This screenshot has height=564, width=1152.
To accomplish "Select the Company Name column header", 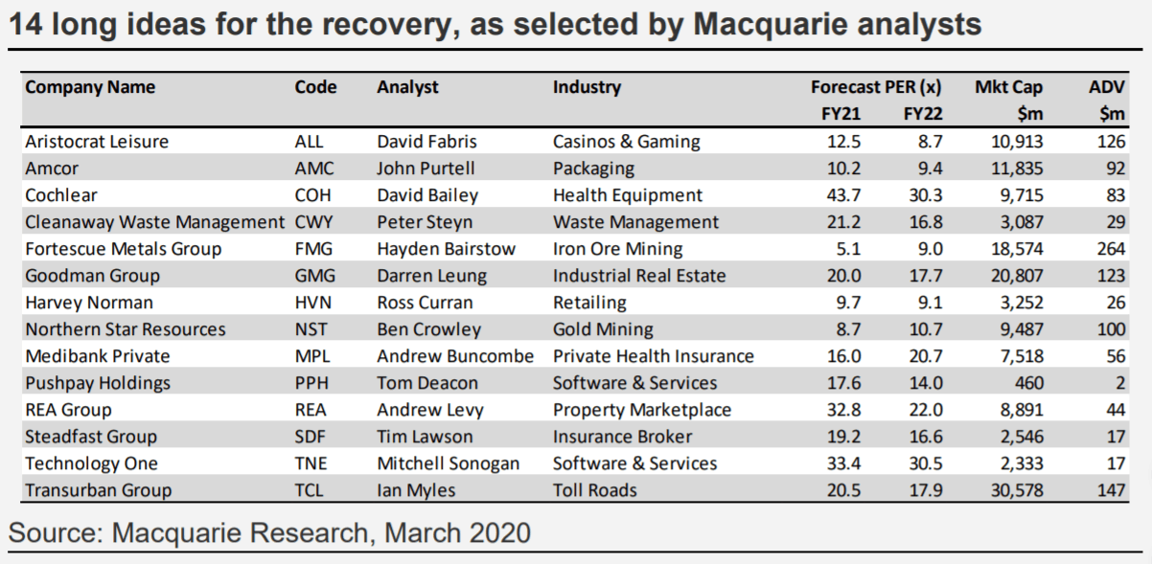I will coord(90,87).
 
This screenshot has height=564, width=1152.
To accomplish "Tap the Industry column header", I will coord(587,87).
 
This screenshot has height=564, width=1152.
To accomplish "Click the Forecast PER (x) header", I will coord(876,87).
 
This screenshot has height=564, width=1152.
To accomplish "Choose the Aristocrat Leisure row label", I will coord(97,142).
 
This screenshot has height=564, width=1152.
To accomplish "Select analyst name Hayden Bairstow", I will coord(447,249).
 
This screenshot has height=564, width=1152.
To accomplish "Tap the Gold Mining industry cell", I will coord(603,329).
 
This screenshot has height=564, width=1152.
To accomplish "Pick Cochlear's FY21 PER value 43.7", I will coord(844,195).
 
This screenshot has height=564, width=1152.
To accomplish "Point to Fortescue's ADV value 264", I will coord(1110,249).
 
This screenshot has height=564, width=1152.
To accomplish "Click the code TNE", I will coord(311,463).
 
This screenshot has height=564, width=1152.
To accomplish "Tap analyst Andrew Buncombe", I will coord(455,356).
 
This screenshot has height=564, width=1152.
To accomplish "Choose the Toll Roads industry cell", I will coord(595,490).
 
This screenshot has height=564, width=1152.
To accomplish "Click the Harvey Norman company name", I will coord(89,303).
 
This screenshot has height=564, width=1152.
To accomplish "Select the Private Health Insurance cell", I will coord(654,356).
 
